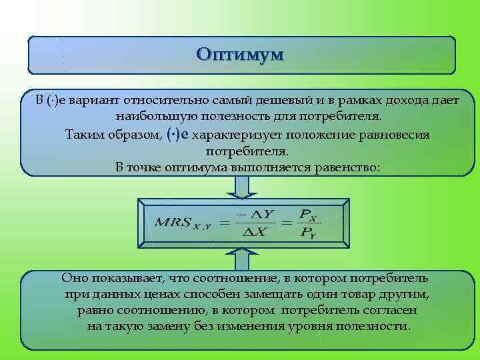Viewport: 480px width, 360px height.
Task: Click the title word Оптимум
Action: coord(241,54)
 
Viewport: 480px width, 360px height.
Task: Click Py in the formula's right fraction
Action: coord(308,232)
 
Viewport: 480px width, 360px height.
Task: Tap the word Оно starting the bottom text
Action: coord(74,277)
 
